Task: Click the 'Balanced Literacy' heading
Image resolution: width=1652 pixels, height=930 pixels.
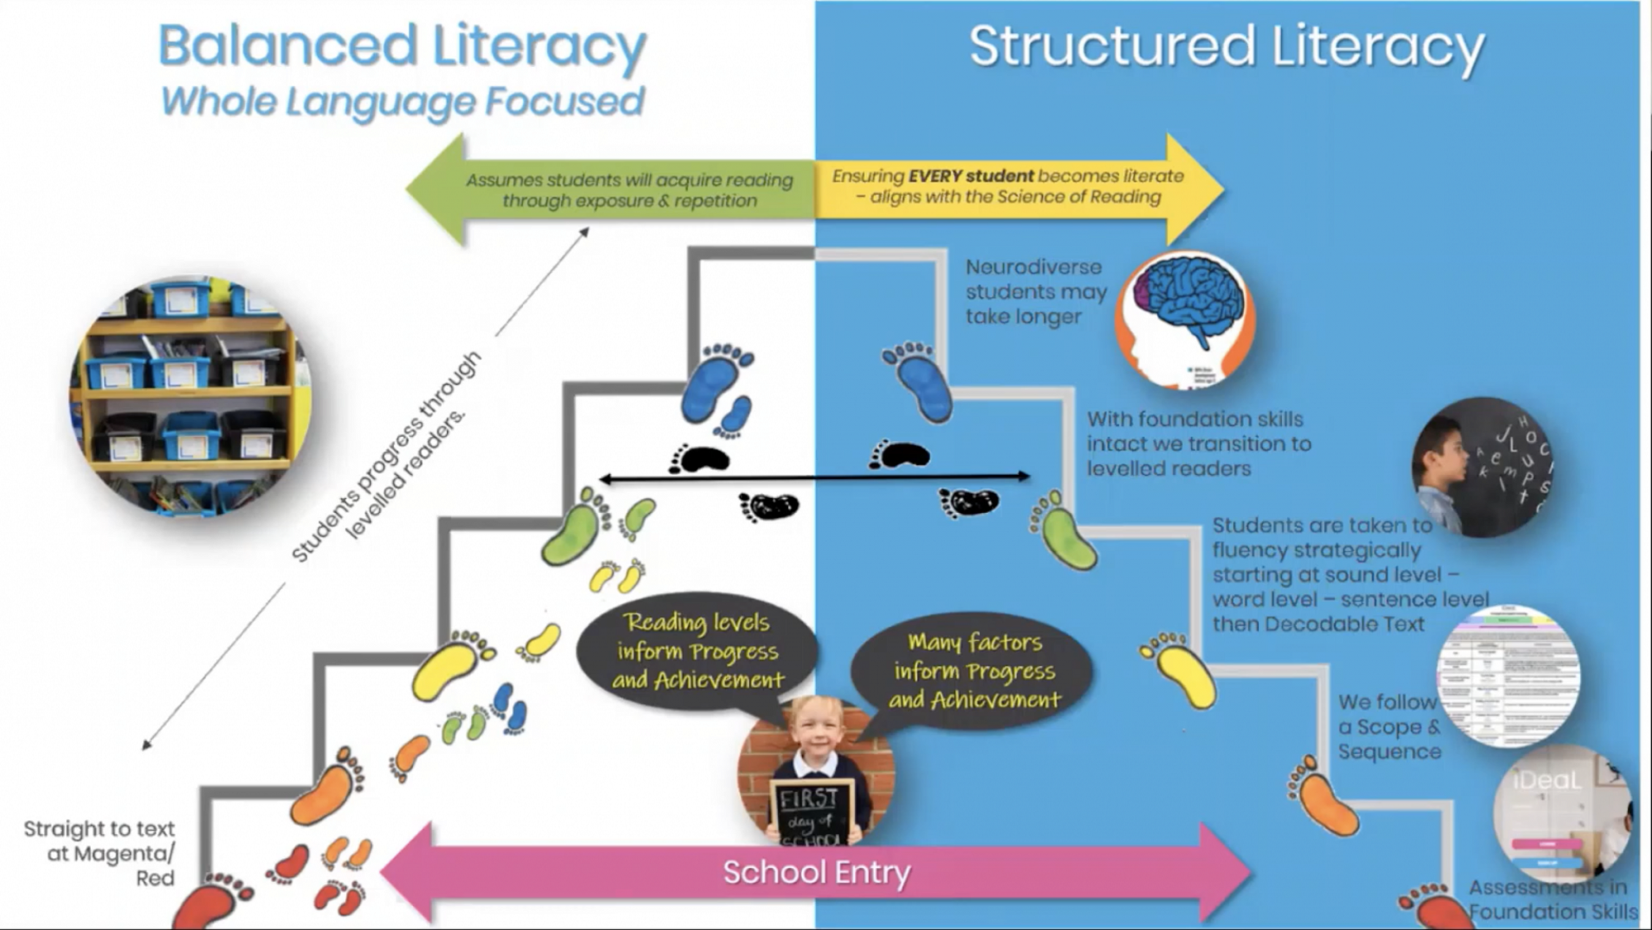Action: pyautogui.click(x=402, y=46)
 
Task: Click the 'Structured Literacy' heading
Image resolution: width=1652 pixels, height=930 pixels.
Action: pyautogui.click(x=1227, y=46)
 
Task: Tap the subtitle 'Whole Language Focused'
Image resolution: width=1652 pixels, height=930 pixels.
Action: pyautogui.click(x=402, y=102)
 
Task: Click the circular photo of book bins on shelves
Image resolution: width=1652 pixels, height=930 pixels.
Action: pyautogui.click(x=190, y=396)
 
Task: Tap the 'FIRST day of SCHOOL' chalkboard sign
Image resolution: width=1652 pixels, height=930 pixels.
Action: pyautogui.click(x=812, y=814)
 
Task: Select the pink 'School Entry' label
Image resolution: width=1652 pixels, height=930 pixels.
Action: pyautogui.click(x=816, y=872)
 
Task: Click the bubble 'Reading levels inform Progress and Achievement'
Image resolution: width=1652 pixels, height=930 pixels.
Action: pyautogui.click(x=698, y=651)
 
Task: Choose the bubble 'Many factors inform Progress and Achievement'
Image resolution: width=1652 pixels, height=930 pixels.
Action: pyautogui.click(x=975, y=671)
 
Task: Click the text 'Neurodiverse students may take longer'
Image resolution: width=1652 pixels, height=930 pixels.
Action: pyautogui.click(x=1036, y=292)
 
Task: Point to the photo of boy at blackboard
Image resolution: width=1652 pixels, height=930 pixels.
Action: pyautogui.click(x=1483, y=467)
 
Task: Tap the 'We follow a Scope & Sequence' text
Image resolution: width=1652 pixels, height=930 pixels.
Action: pyautogui.click(x=1389, y=727)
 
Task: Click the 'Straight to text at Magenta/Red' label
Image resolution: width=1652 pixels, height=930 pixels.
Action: pyautogui.click(x=100, y=852)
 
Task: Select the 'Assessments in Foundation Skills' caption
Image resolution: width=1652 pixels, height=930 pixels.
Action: pyautogui.click(x=1551, y=899)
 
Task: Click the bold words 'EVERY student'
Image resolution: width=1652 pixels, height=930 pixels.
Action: pyautogui.click(x=971, y=176)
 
